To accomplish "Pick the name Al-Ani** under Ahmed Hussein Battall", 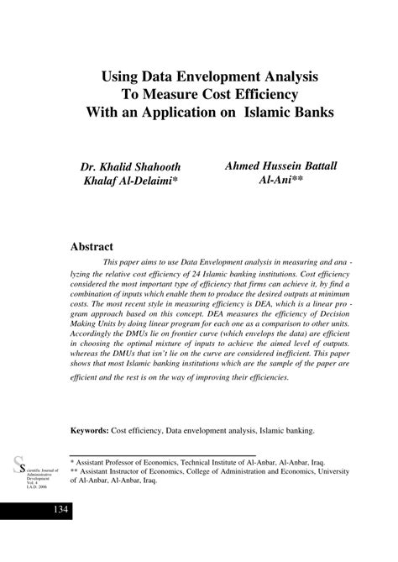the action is point(280,181).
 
